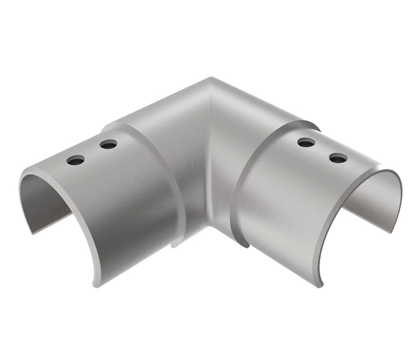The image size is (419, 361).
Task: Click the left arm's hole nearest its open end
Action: coord(75,160)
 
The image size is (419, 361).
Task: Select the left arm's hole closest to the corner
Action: coord(109,144)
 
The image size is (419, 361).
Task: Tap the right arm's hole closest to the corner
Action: coord(305,142)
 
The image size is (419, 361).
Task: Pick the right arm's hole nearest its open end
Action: coord(338,158)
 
